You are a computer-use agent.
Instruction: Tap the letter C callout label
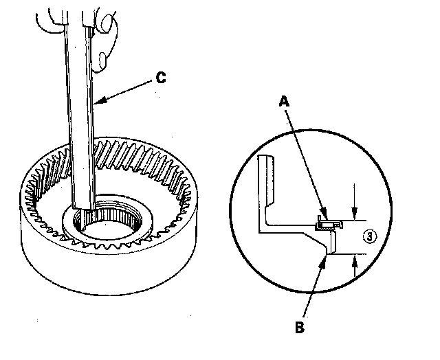click(160, 78)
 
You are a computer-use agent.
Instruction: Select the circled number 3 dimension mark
click(369, 236)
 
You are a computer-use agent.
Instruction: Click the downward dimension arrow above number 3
click(353, 213)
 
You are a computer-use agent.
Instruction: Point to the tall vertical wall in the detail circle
click(266, 185)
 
